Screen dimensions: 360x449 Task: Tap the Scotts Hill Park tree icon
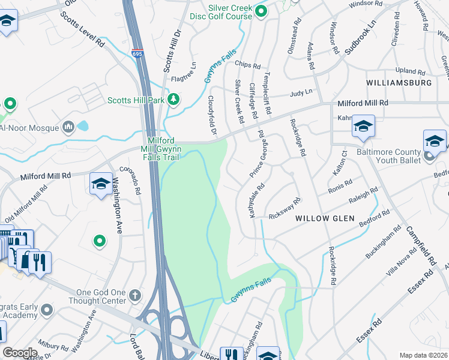(x=174, y=98)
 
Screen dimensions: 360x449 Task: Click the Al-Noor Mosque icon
(x=67, y=127)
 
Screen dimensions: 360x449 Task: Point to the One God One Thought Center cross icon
(x=135, y=295)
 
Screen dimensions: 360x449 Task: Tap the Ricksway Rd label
(x=284, y=209)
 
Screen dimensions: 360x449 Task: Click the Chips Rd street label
(x=247, y=65)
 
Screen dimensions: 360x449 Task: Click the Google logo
(x=20, y=353)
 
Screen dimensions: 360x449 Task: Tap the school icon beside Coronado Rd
(x=101, y=184)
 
